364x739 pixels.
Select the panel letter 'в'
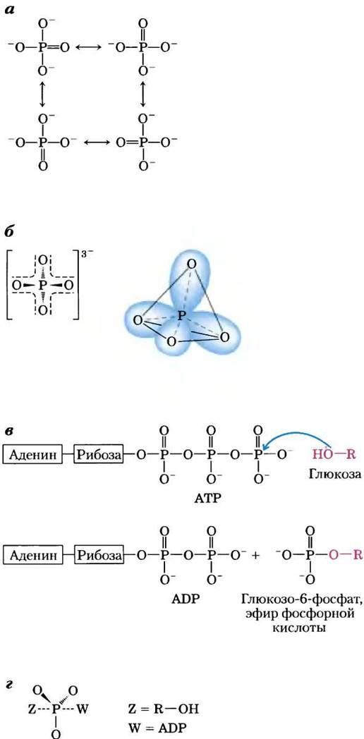(x=10, y=432)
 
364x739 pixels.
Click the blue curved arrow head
(x=268, y=452)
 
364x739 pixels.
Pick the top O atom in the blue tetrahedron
(x=190, y=265)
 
